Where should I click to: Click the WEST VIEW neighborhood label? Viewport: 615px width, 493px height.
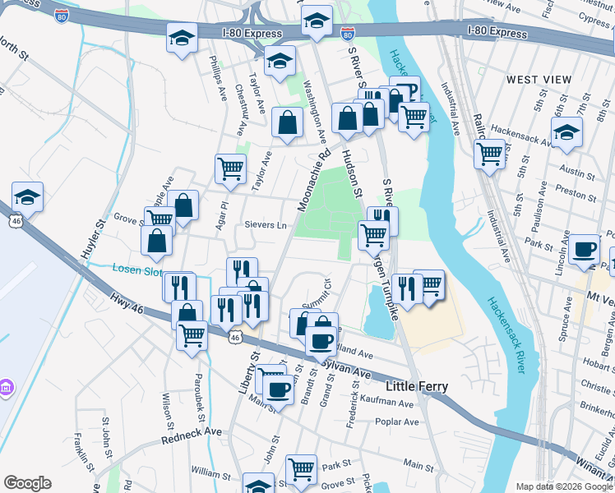[539, 79]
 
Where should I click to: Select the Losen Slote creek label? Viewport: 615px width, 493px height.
[137, 270]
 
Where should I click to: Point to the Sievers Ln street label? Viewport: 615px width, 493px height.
[265, 225]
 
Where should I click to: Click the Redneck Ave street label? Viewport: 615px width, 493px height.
[192, 432]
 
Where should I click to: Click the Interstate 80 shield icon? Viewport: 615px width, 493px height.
[348, 34]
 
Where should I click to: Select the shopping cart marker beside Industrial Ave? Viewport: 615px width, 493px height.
[489, 153]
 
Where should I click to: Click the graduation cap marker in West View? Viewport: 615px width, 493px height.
[566, 131]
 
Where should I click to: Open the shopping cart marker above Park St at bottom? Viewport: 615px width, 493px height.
[302, 469]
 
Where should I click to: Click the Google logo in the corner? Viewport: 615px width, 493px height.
[27, 483]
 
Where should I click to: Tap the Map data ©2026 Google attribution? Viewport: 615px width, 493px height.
[563, 486]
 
